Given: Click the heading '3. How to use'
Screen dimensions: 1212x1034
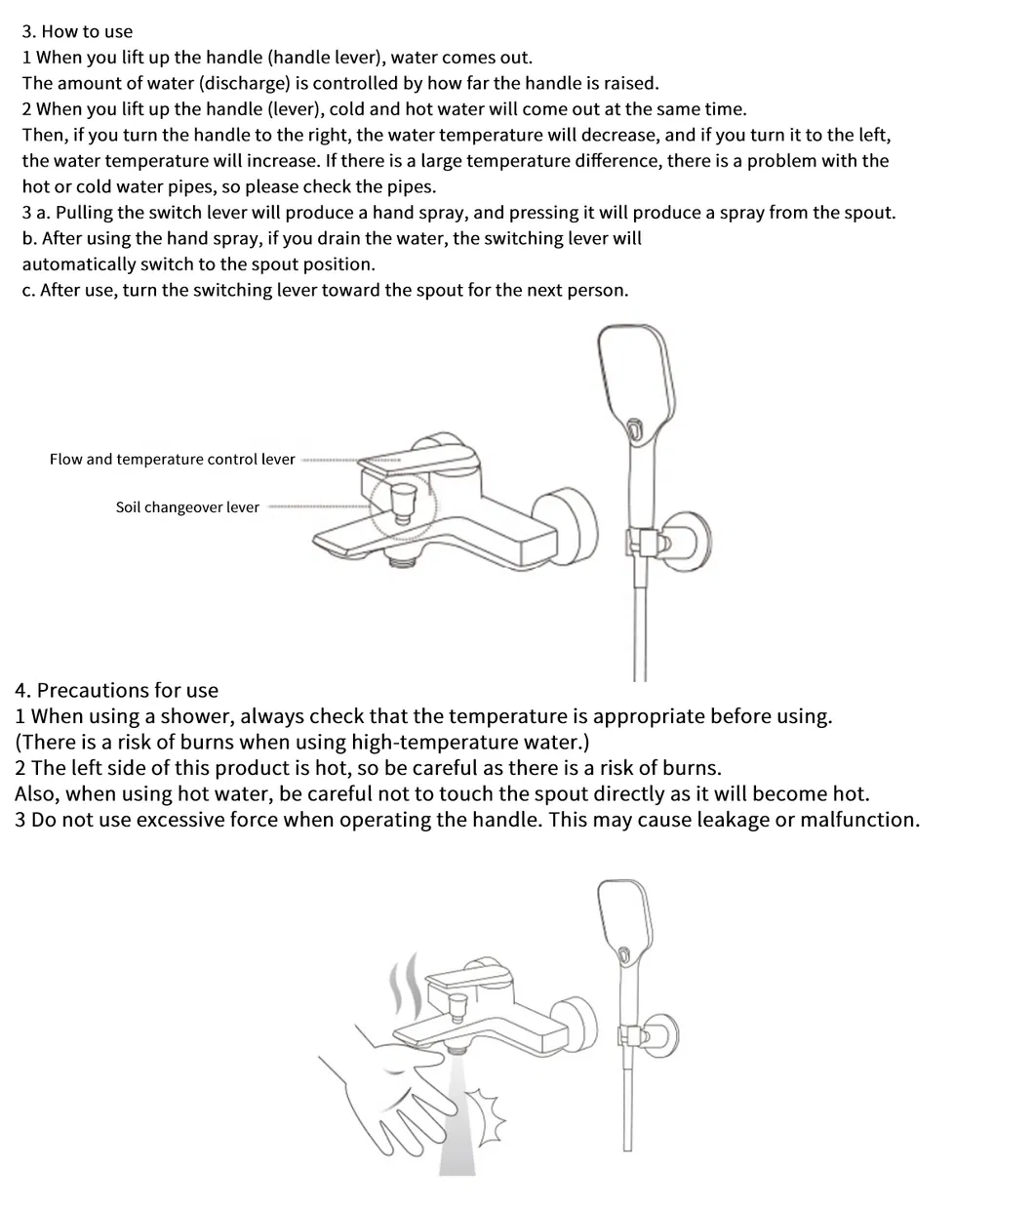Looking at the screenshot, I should pyautogui.click(x=77, y=32).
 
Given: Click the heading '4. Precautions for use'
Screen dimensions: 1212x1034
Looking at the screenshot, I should pyautogui.click(x=117, y=691).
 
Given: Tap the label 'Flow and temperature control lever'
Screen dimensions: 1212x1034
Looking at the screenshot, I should pyautogui.click(x=172, y=460).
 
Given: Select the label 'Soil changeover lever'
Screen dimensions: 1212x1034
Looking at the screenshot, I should pyautogui.click(x=187, y=507).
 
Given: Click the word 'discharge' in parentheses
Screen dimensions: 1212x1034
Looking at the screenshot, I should pyautogui.click(x=244, y=84).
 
